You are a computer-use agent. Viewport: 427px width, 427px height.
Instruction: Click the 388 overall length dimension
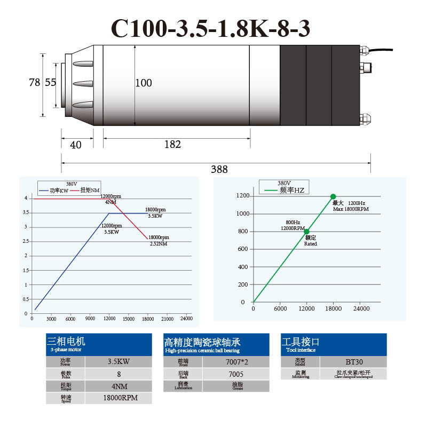point(219,169)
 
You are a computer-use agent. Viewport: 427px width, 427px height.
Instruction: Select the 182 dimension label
point(172,144)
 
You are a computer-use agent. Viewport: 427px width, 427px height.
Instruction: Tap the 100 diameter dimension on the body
point(144,83)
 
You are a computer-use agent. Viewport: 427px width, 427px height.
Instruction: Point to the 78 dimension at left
point(34,82)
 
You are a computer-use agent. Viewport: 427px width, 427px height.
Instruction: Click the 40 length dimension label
point(76,145)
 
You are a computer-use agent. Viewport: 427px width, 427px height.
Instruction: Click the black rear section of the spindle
point(320,85)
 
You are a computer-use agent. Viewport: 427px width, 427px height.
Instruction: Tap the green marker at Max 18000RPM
point(333,196)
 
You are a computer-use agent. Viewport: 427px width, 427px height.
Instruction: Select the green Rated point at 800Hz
point(306,232)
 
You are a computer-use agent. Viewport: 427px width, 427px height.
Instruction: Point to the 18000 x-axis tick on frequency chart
point(334,309)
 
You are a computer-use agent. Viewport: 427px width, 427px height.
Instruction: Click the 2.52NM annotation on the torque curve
point(159,243)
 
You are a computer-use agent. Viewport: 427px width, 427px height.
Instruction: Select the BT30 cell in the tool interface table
point(353,361)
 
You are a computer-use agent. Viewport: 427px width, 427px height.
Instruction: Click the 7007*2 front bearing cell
point(235,361)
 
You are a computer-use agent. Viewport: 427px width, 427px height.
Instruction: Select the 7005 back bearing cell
point(235,374)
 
